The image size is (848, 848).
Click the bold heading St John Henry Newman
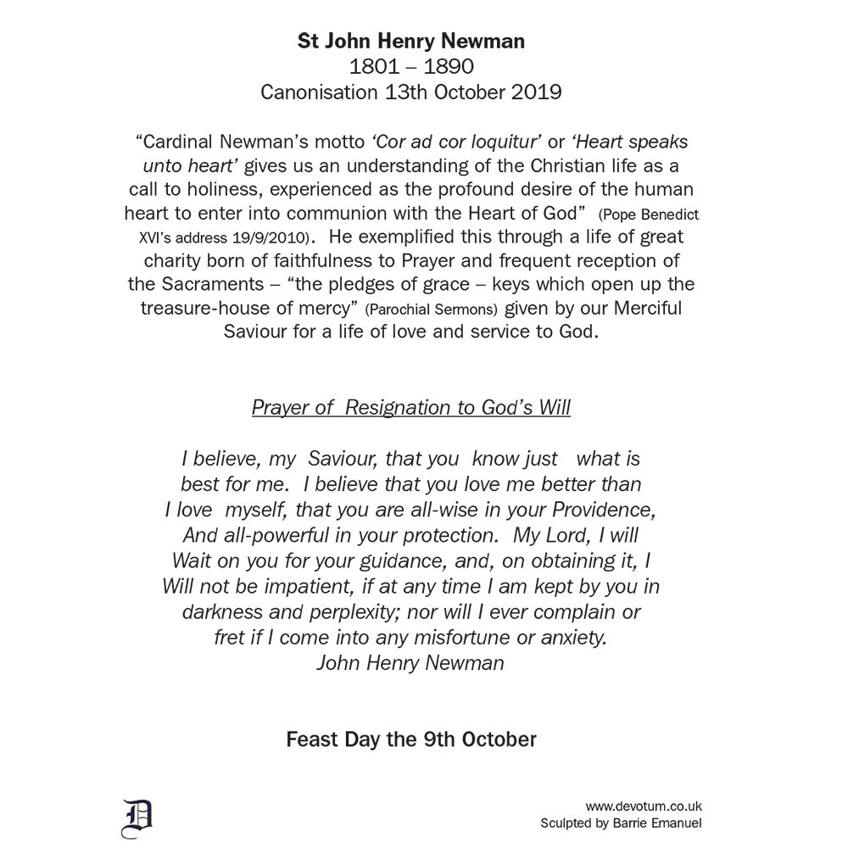point(411,41)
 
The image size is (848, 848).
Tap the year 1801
point(374,66)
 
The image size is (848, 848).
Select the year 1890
point(449,66)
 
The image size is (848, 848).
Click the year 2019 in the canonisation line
point(536,92)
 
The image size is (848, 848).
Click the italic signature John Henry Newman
point(410,663)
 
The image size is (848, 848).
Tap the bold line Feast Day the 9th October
point(411,739)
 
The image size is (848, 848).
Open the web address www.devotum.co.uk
point(644,807)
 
